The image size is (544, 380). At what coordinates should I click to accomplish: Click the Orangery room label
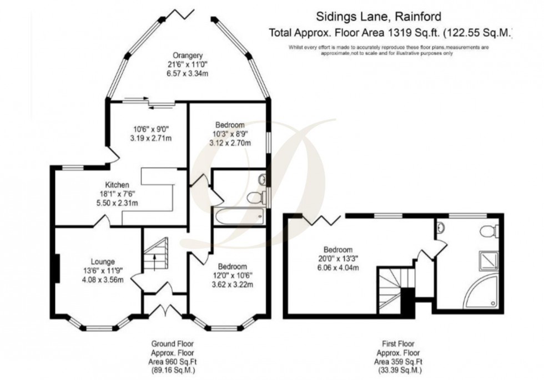coord(187,55)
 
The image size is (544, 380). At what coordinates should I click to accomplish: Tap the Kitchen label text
coord(118,185)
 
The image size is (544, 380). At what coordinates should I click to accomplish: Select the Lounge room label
coord(103,261)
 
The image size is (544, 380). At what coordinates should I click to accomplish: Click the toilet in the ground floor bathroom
coord(257,196)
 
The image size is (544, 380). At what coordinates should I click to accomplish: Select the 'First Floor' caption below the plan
coord(398,343)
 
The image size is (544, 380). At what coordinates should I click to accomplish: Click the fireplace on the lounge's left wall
coord(57,268)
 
